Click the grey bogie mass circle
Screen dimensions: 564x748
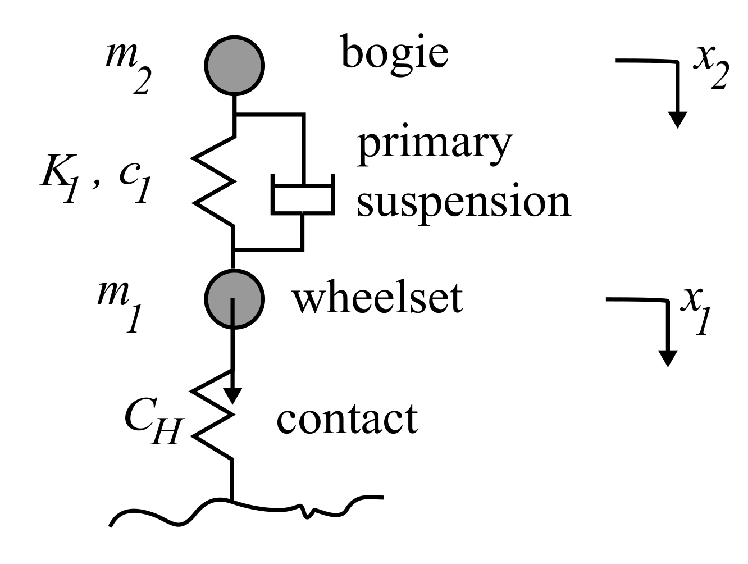click(x=234, y=65)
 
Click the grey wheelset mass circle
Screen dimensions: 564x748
click(x=234, y=299)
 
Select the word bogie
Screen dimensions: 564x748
click(x=395, y=55)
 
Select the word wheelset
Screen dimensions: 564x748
click(x=377, y=297)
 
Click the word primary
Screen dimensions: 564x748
click(x=435, y=145)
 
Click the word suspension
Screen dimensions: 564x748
click(x=464, y=202)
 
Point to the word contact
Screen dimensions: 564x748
click(x=347, y=419)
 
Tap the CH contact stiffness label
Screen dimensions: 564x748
click(x=151, y=424)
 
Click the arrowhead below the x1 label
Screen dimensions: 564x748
click(x=668, y=358)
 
